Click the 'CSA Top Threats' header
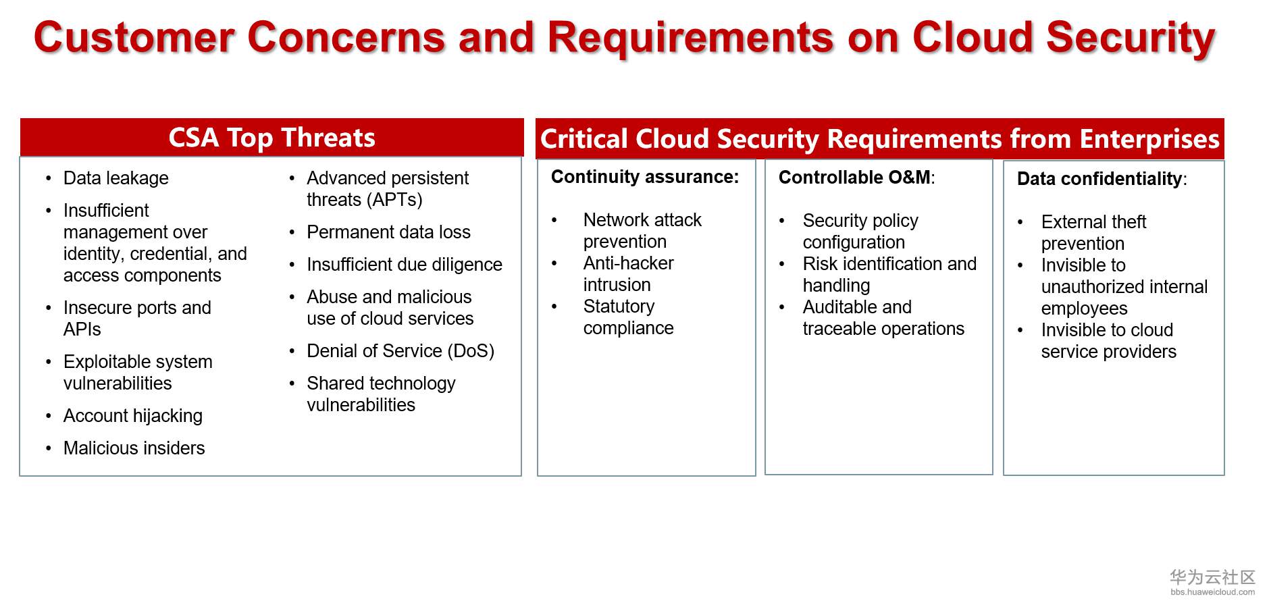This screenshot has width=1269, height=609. pyautogui.click(x=271, y=138)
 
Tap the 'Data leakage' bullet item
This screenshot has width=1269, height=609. pyautogui.click(x=115, y=178)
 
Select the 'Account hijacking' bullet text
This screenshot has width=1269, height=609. pyautogui.click(x=132, y=416)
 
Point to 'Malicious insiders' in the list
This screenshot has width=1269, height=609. pyautogui.click(x=134, y=448)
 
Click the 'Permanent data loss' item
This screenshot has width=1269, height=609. pyautogui.click(x=388, y=232)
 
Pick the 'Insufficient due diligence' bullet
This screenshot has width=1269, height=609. pyautogui.click(x=404, y=265)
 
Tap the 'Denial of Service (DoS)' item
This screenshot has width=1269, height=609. pyautogui.click(x=400, y=351)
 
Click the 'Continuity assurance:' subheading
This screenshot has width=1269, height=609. pyautogui.click(x=645, y=177)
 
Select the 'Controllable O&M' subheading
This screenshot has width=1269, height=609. pyautogui.click(x=854, y=178)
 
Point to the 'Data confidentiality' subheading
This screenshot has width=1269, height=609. pyautogui.click(x=1099, y=179)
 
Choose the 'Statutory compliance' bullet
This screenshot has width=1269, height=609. pyautogui.click(x=628, y=317)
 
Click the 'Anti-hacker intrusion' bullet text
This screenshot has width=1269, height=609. pyautogui.click(x=628, y=274)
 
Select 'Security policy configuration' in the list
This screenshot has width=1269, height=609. pyautogui.click(x=860, y=232)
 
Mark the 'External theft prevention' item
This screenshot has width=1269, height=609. pyautogui.click(x=1093, y=233)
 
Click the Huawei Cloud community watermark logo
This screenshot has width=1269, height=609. pyautogui.click(x=1212, y=581)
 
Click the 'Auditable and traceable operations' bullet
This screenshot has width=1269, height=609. pyautogui.click(x=883, y=318)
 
